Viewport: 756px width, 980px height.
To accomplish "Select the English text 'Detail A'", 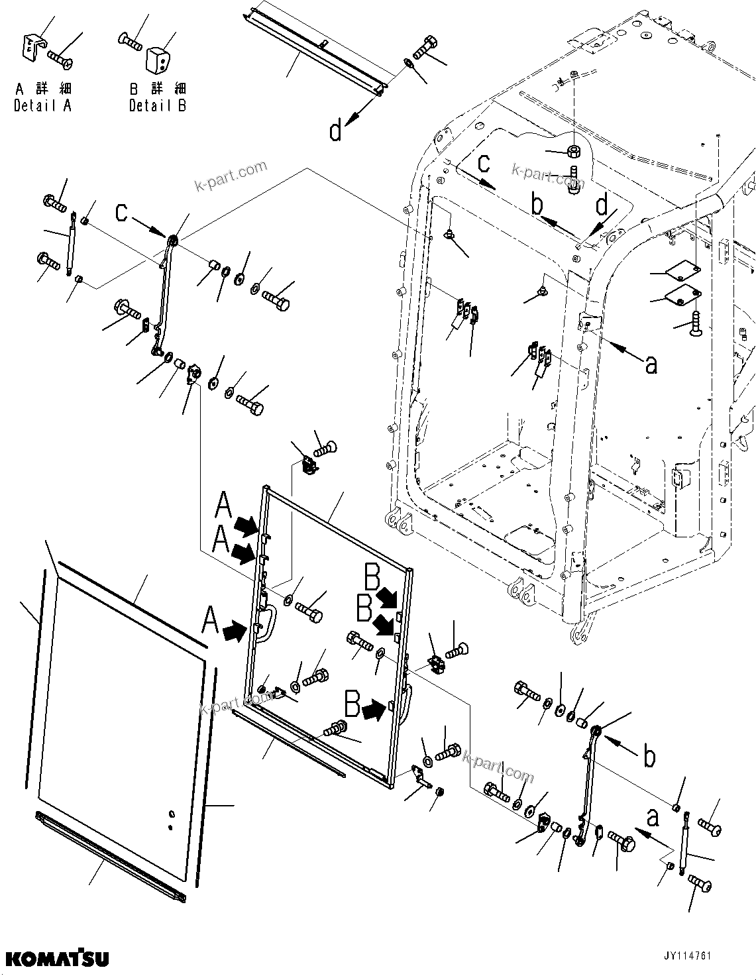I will pos(42,105).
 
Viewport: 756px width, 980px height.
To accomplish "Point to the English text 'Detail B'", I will pos(158,105).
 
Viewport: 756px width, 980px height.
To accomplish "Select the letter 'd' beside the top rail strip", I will pos(336,131).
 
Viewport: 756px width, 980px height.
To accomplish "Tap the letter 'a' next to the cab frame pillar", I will pos(651,363).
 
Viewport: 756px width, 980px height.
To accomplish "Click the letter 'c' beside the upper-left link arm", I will pos(121,212).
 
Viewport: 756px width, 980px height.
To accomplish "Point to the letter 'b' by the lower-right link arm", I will pos(650,755).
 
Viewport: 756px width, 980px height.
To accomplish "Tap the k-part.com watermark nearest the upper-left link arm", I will pos(231,175).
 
